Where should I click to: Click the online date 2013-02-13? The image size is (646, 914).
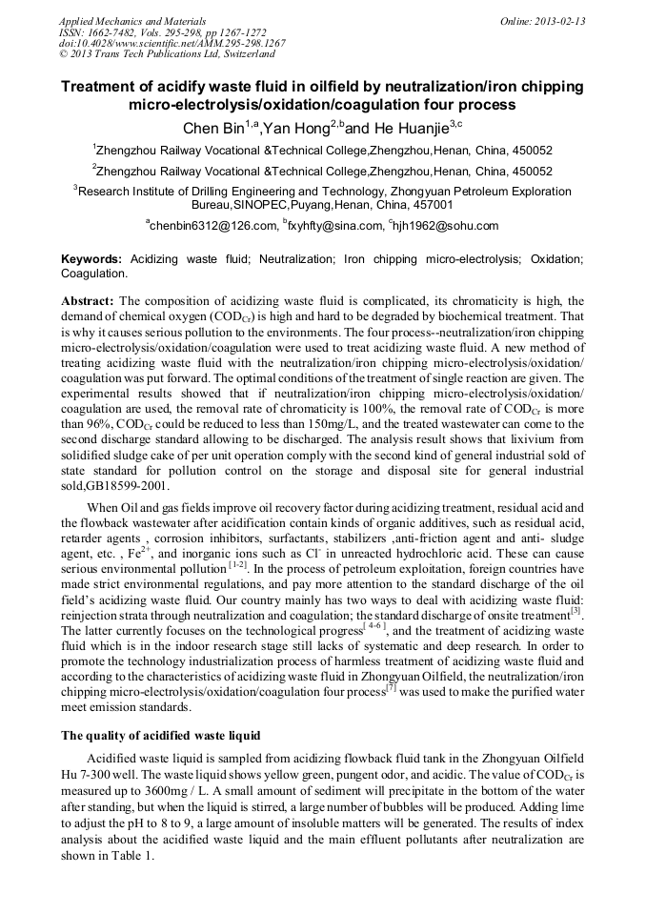click(561, 21)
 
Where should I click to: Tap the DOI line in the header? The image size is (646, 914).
click(172, 44)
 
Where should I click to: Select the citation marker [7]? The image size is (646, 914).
click(391, 685)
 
